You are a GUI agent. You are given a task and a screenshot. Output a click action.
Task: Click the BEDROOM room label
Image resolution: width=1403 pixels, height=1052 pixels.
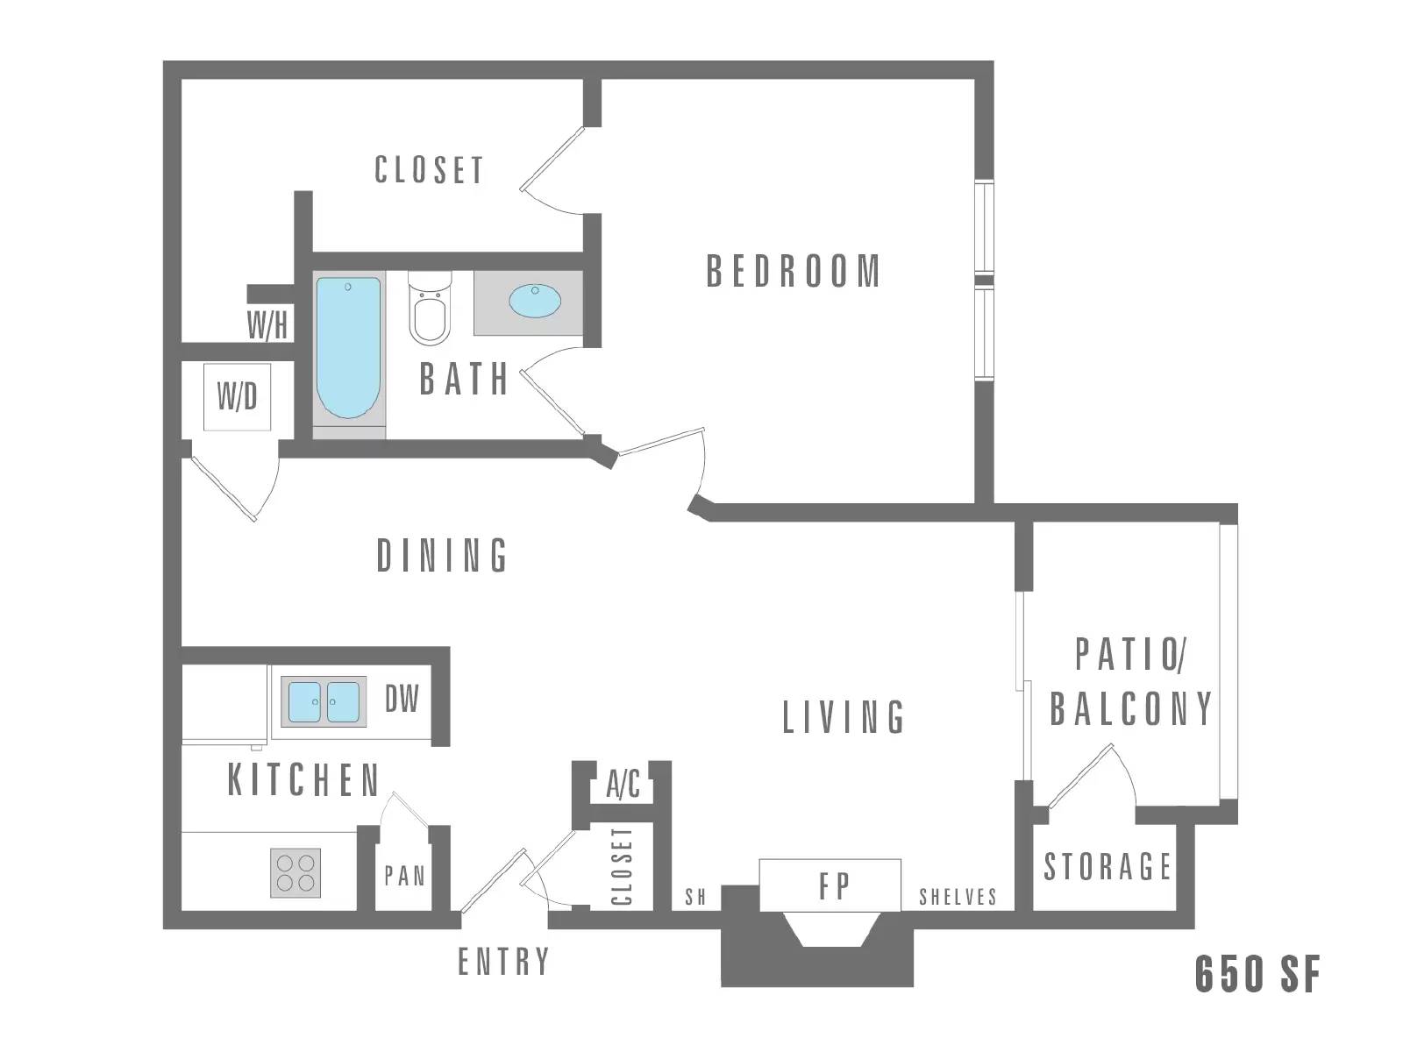coord(794,272)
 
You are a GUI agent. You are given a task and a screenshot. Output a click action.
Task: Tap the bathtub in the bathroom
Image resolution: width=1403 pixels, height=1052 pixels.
coord(348,348)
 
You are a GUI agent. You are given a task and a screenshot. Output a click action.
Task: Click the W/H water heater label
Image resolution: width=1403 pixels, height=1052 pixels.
coord(267,325)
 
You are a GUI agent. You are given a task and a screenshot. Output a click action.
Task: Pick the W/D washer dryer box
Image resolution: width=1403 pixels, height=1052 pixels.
coord(238,397)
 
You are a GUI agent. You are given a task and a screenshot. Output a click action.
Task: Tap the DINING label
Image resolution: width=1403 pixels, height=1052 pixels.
coord(442,556)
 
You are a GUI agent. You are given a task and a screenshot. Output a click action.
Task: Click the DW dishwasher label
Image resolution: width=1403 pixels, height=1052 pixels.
coord(402,700)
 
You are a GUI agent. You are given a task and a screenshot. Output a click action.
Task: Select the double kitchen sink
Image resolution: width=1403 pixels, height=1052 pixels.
coord(324,701)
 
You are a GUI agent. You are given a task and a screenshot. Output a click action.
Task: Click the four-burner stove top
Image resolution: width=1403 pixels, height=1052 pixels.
coord(296,872)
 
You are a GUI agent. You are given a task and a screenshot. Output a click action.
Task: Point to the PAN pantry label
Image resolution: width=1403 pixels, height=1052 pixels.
coord(404,876)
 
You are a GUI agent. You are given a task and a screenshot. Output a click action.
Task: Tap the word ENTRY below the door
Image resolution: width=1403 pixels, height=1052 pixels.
coord(503,962)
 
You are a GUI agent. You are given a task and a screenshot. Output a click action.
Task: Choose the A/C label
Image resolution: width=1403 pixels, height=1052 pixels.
coord(623,785)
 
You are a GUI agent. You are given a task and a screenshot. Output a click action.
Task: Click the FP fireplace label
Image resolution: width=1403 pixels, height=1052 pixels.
coord(834,886)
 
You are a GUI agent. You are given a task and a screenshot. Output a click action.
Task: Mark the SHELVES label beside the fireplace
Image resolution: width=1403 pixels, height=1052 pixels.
coord(958,897)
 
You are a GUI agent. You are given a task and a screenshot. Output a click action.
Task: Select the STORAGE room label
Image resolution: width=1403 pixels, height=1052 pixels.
coord(1107,866)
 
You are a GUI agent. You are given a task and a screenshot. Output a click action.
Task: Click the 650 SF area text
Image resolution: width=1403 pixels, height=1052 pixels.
coord(1257,974)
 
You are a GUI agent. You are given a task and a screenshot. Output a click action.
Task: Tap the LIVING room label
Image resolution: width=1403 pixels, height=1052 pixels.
coord(844,717)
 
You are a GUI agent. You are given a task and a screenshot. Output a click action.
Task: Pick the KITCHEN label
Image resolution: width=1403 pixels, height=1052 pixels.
coord(303,780)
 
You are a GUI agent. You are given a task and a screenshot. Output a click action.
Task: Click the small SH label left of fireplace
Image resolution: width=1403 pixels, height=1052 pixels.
coord(695,897)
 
